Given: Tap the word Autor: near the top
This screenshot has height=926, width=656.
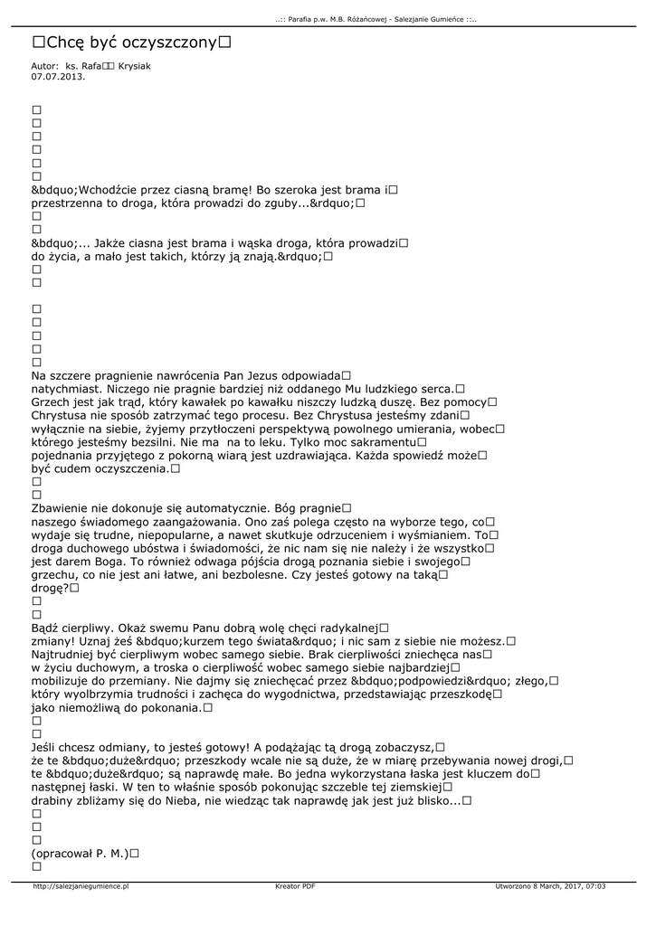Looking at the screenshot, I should tap(44, 67).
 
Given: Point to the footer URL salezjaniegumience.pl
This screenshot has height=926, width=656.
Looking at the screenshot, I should tap(81, 886).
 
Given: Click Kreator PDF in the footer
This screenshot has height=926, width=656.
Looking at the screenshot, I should tap(295, 886).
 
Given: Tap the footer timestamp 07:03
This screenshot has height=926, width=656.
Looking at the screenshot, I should tap(593, 886).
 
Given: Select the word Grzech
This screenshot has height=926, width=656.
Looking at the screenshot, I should tap(52, 402).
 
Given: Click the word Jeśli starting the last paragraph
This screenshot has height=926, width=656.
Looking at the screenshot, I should tap(45, 747).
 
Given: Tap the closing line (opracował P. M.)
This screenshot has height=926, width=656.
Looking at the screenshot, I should tap(81, 853).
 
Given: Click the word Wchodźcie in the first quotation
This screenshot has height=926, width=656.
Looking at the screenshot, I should tap(111, 190).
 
